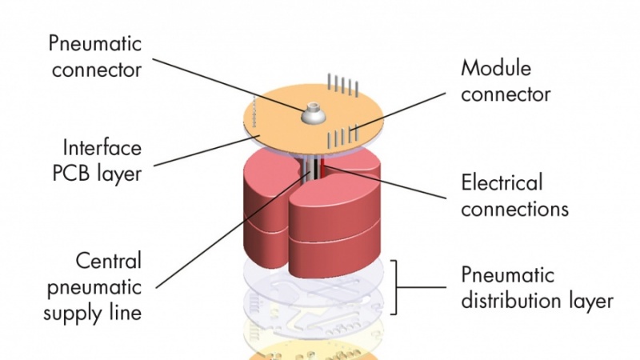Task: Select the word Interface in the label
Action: pyautogui.click(x=102, y=148)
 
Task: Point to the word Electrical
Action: pyautogui.click(x=502, y=182)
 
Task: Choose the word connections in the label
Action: pyautogui.click(x=514, y=209)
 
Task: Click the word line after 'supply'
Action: pyautogui.click(x=126, y=313)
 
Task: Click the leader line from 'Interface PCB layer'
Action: pyautogui.click(x=200, y=151)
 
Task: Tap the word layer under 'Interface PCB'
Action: pyautogui.click(x=121, y=174)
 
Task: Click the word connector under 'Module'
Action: pyautogui.click(x=506, y=94)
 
